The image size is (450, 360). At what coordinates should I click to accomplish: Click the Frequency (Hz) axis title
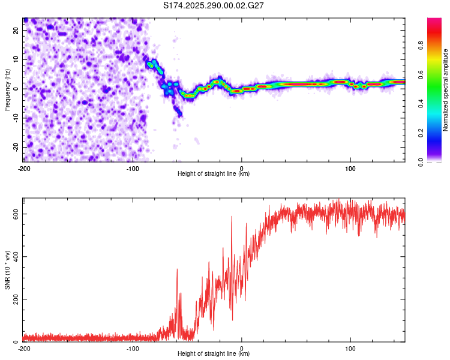[x=7, y=90]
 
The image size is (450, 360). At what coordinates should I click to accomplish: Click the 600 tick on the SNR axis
[x=13, y=214]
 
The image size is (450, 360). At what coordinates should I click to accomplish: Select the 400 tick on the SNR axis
[x=13, y=257]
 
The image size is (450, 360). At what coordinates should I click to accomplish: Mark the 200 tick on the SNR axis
[x=13, y=299]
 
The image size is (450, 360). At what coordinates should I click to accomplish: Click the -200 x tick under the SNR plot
[x=24, y=349]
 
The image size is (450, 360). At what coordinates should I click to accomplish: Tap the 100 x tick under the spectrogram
[x=350, y=169]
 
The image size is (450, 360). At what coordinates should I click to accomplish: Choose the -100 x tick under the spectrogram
[x=133, y=169]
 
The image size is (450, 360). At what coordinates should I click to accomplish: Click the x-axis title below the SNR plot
[x=214, y=354]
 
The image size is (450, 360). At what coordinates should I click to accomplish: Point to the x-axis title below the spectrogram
[x=214, y=174]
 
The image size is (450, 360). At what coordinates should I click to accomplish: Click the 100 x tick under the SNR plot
[x=350, y=349]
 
